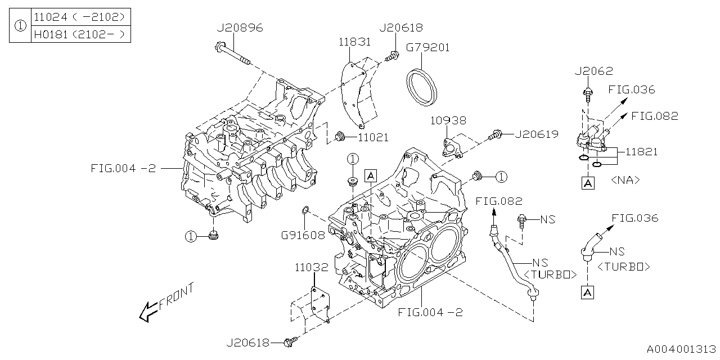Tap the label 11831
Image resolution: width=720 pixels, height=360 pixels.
tap(354, 42)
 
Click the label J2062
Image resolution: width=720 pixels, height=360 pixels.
tap(593, 71)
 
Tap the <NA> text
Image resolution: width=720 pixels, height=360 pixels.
tap(625, 181)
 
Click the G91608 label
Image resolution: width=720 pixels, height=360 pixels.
tap(303, 235)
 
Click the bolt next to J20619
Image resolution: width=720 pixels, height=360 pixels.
tap(495, 134)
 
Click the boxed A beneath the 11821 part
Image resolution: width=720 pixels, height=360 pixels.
tap(587, 183)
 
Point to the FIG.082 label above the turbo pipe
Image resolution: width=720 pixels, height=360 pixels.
tap(499, 201)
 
